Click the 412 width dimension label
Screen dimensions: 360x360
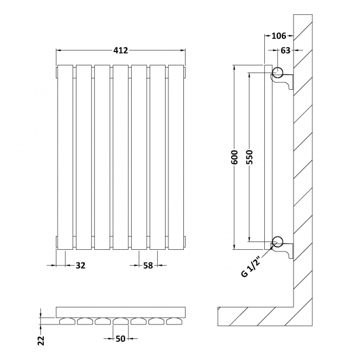pos(121,50)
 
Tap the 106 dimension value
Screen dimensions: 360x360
pos(279,36)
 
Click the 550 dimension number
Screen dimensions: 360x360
pos(249,157)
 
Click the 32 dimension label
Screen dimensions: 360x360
pos(80,265)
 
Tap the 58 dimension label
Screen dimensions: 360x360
pos(148,265)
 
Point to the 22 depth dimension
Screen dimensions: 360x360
pos(40,340)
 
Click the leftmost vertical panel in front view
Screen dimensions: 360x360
pos(65,157)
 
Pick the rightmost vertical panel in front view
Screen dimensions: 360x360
pos(175,157)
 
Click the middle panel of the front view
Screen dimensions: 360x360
pos(120,157)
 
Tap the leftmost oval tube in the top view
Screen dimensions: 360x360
pos(66,321)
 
